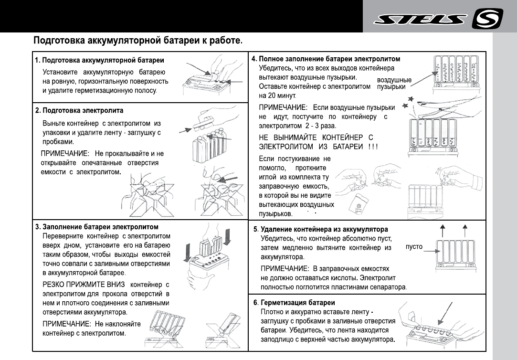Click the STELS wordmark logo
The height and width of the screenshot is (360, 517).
point(420,20)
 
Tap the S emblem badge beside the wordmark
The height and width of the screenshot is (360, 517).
point(486,19)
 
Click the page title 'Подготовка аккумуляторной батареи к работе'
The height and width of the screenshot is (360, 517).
point(138,41)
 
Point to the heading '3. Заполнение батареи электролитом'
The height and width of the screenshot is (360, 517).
point(97,226)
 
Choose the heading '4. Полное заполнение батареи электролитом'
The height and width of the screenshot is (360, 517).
point(326,59)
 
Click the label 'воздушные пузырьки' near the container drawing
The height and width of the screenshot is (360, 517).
point(394,83)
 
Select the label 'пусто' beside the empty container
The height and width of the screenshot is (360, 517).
point(414,247)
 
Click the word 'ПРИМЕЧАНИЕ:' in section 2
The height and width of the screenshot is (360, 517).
point(65,154)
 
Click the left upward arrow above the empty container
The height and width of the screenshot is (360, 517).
point(443,230)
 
